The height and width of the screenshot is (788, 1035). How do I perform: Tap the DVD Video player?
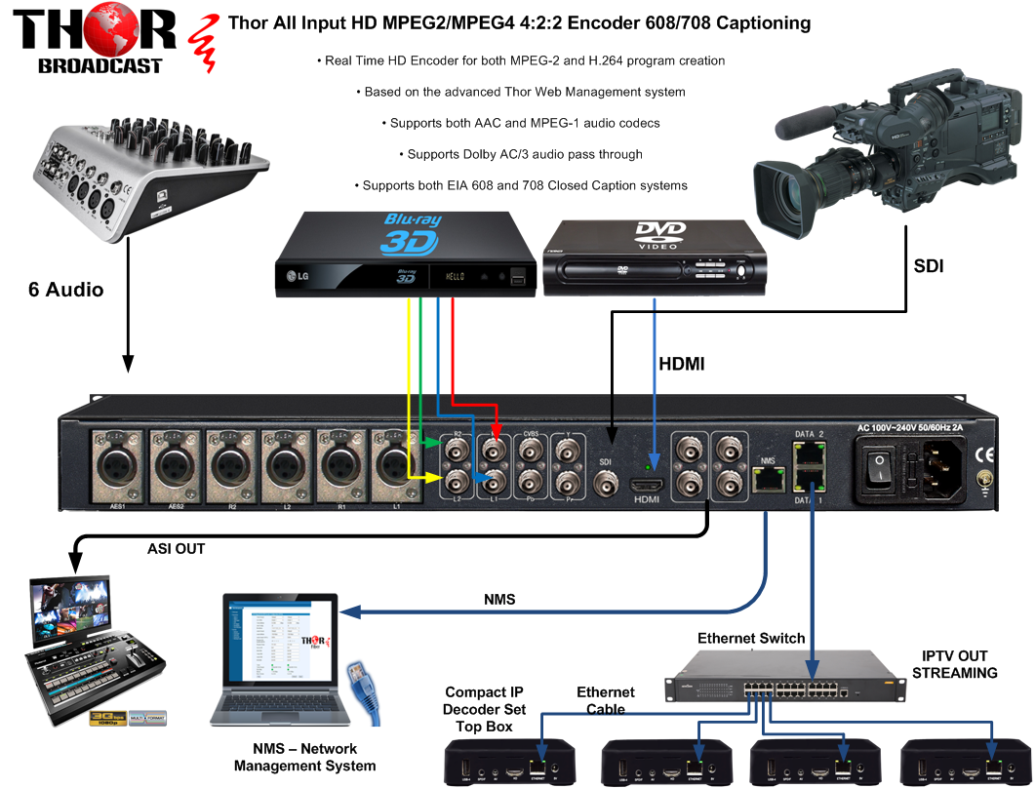[657, 256]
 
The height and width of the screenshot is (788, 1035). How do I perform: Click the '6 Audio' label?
[65, 289]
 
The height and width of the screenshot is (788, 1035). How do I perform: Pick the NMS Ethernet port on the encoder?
[767, 478]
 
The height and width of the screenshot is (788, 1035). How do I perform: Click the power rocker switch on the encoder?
[882, 468]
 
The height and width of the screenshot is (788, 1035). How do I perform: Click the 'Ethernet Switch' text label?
[751, 639]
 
